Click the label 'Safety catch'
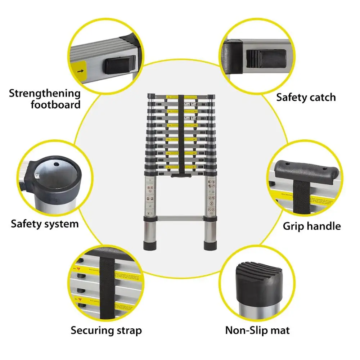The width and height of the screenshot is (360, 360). click(x=306, y=97)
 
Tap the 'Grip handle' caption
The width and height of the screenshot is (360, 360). click(x=312, y=226)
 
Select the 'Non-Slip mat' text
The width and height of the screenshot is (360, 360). click(x=257, y=330)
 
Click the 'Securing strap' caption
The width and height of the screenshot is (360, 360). click(x=106, y=330)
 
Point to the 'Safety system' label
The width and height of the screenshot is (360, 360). click(x=45, y=224)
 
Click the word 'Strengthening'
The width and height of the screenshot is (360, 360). click(x=45, y=94)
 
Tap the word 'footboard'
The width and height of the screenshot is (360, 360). click(x=55, y=105)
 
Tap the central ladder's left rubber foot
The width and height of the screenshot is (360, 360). click(x=150, y=246)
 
